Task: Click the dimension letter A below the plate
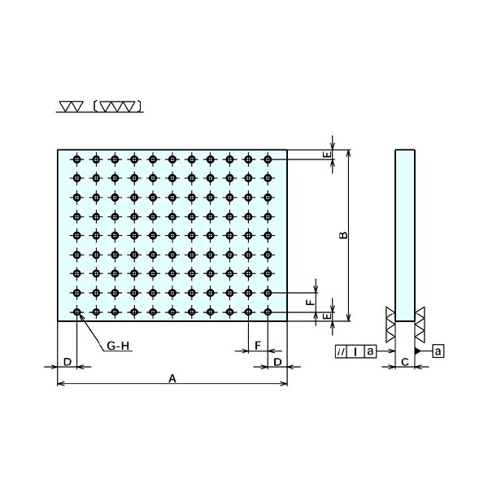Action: pos(172,378)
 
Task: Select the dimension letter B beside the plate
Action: pos(343,235)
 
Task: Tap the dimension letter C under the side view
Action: pos(405,362)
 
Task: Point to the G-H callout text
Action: pos(118,346)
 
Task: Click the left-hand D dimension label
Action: pos(68,362)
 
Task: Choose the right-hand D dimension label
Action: pos(277,362)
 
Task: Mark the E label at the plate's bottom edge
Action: pos(327,316)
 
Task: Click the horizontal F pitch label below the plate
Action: pos(258,346)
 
